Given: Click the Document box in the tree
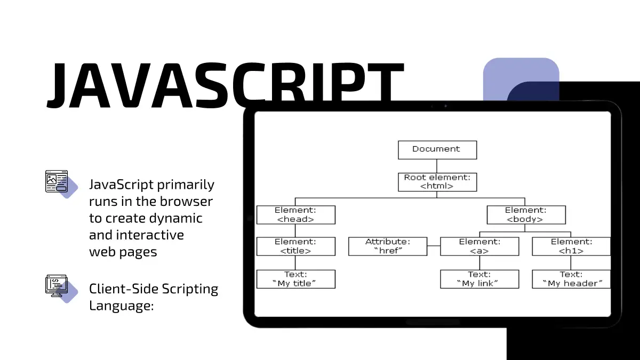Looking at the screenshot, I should coord(437,150).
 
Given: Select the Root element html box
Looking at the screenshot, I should coord(437,182).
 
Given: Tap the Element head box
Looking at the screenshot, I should coord(295,214).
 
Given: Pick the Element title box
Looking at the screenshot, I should coord(295,246).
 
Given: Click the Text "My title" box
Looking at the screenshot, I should coord(295,279).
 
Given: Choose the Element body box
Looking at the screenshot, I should coord(526,214).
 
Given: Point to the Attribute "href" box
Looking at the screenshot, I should coord(388,246).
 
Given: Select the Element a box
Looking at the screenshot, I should coord(479,246).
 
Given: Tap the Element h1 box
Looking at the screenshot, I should coord(571,246).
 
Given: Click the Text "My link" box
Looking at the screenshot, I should coord(479,279).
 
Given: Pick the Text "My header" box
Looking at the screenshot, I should coord(571,279).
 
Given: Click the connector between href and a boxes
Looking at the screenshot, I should coord(434,246).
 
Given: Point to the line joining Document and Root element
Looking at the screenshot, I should coord(437,166).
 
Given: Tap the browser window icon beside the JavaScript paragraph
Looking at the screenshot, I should coord(57,182).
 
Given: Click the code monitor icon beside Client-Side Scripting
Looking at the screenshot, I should coord(56,286).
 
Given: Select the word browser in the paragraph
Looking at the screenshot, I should coord(187,202).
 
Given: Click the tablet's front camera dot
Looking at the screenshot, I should coord(445,106).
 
